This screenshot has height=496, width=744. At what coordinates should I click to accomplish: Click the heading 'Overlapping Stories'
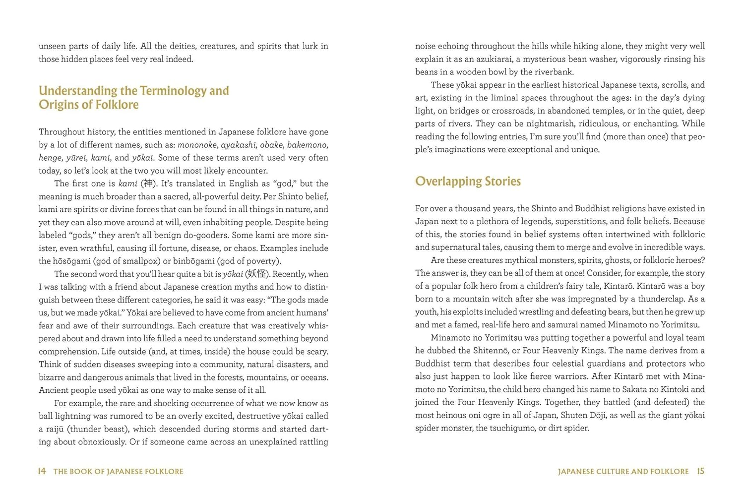click(468, 182)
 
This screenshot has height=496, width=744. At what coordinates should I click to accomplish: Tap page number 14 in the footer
click(42, 471)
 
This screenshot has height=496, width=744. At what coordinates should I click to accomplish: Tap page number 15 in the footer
click(700, 471)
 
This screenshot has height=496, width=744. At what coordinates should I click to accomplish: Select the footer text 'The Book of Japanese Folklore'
click(118, 472)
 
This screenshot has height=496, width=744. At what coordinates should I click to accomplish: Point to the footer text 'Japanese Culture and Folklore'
click(623, 472)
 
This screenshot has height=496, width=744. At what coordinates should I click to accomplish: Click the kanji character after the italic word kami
click(148, 184)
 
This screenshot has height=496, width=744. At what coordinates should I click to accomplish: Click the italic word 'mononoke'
click(197, 145)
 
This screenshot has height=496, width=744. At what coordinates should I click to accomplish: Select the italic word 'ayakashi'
click(239, 145)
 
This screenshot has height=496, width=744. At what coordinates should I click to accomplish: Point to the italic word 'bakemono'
click(307, 145)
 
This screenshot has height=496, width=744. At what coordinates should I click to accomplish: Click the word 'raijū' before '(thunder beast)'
click(55, 429)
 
